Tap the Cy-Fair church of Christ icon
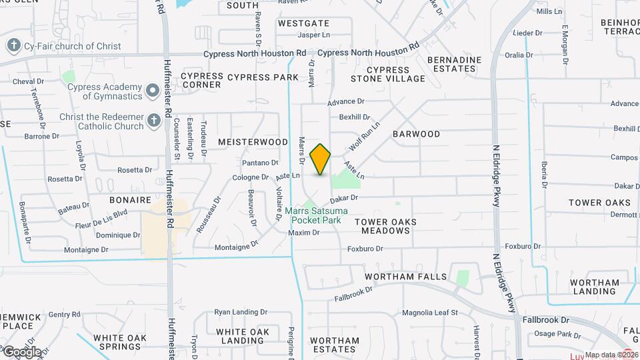(13, 46)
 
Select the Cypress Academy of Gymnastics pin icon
(153, 89)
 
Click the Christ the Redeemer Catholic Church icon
(153, 121)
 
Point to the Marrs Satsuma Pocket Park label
(313, 215)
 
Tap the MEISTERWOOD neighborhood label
(253, 142)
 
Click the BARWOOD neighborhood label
(416, 134)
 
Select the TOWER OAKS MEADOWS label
(385, 226)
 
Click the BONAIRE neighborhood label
(131, 200)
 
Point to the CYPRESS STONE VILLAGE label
(396, 74)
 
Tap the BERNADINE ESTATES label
(454, 64)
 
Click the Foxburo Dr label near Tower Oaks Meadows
(365, 249)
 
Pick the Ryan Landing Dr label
(241, 311)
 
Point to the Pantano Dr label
(259, 163)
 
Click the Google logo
(22, 352)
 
